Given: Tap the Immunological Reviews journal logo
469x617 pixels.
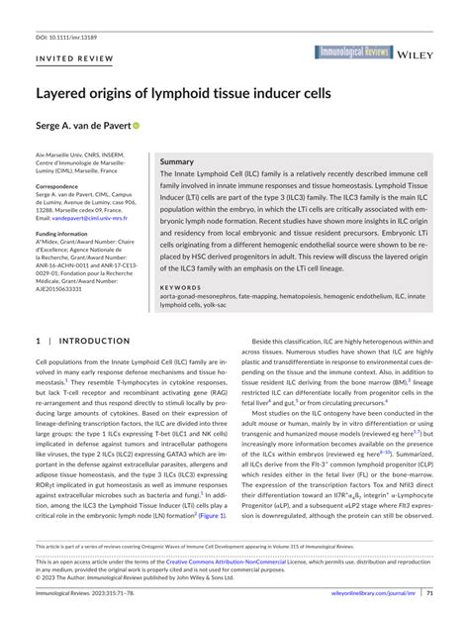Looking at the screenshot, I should (x=355, y=51).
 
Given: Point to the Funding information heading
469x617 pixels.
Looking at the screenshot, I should (x=68, y=234).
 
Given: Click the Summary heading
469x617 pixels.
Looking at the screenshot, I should (x=177, y=160).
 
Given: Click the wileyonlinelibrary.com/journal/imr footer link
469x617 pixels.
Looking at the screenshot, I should (x=366, y=593).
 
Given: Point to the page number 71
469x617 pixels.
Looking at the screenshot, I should (x=429, y=593).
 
